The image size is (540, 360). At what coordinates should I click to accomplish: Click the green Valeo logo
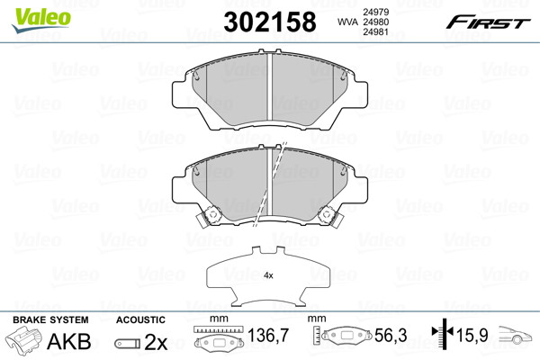[41, 20]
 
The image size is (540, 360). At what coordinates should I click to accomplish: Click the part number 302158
[270, 22]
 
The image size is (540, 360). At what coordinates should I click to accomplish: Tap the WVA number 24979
[375, 12]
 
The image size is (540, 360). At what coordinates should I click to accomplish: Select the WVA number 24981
[375, 32]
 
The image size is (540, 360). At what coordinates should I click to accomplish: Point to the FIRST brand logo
[488, 22]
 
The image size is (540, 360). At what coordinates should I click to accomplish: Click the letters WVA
[347, 22]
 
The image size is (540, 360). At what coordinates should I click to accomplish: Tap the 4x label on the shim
[268, 275]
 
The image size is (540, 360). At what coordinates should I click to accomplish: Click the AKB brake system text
[69, 341]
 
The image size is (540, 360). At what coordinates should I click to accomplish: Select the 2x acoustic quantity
[156, 342]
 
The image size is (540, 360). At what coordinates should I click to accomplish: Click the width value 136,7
[268, 335]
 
